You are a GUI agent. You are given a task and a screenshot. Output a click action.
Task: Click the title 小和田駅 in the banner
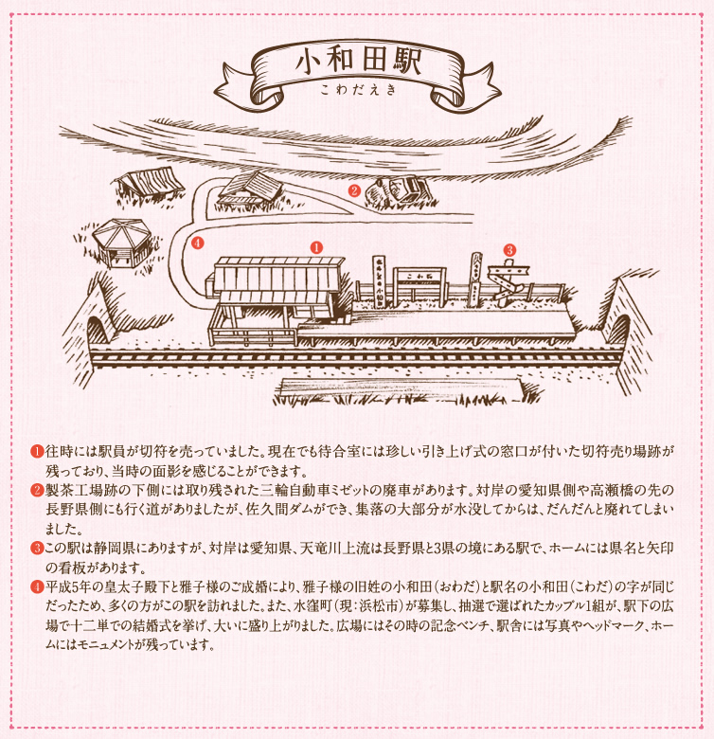point(358,62)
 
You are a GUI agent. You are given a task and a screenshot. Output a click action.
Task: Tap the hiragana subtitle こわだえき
point(358,90)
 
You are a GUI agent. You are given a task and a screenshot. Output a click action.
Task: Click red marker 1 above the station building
point(316,247)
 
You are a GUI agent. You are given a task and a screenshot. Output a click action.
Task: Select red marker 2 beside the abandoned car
point(354,190)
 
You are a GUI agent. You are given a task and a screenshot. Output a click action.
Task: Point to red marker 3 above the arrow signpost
point(509,250)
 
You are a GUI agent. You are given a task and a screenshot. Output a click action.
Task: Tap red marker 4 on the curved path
point(197,243)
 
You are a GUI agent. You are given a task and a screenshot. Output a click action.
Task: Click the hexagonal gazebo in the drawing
point(121,243)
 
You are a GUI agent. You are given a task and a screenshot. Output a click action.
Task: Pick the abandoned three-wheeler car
point(400,190)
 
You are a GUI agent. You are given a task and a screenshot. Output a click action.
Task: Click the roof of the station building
point(278,275)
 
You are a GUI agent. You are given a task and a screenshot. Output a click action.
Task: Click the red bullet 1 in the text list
point(37,452)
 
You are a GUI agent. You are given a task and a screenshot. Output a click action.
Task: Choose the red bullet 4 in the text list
point(37,587)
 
